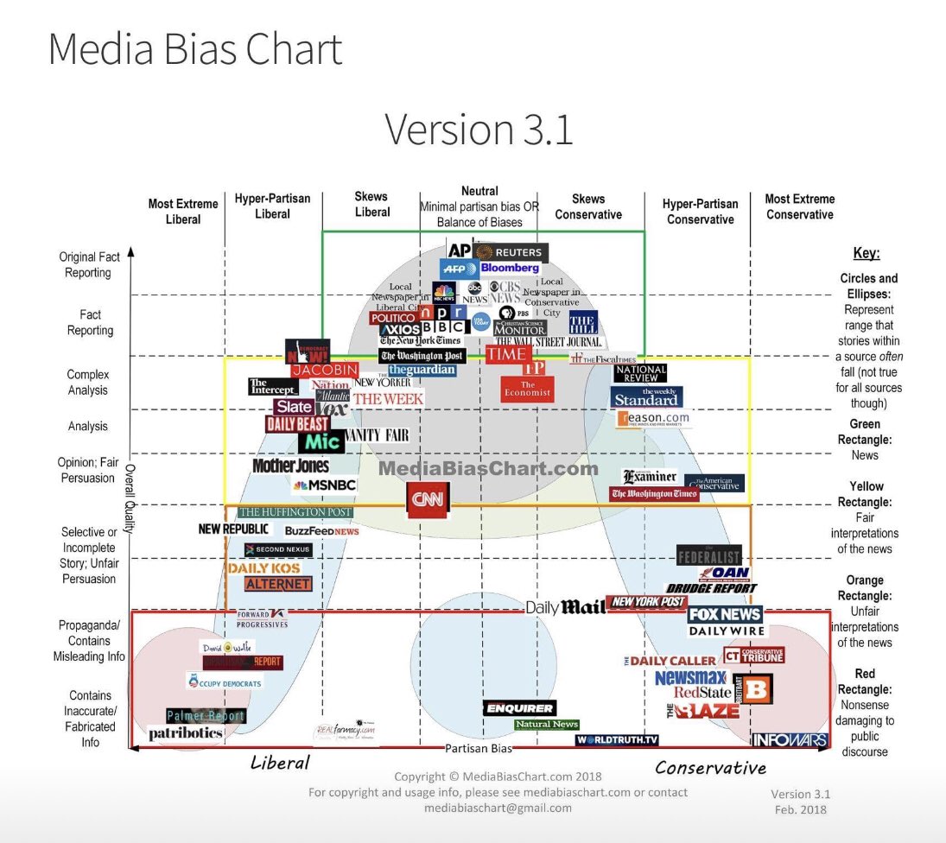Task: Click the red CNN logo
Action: point(429,499)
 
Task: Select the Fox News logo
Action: point(725,615)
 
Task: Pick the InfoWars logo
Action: point(790,740)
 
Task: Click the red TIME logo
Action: point(508,354)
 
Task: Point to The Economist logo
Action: point(527,389)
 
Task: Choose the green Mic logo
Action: point(321,441)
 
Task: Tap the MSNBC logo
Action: point(325,485)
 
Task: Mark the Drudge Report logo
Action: point(711,588)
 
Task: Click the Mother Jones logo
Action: point(290,466)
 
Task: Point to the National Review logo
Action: point(640,373)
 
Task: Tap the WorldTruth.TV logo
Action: point(617,740)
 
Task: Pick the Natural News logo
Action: point(546,725)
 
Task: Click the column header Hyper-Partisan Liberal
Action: point(272,206)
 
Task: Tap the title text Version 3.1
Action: point(478,130)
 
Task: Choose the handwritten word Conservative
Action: point(710,767)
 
